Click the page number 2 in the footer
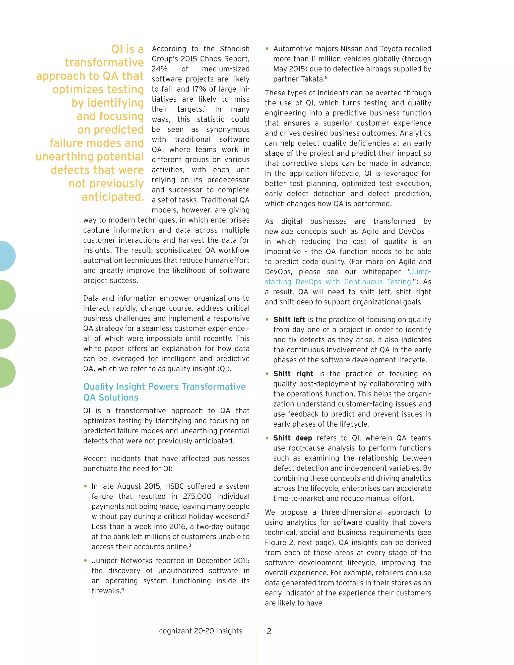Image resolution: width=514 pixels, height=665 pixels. (269, 631)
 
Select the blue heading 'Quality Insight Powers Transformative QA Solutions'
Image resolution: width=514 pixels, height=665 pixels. (164, 392)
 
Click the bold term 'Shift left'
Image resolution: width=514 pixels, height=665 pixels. (289, 319)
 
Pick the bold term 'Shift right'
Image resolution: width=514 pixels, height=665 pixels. (293, 374)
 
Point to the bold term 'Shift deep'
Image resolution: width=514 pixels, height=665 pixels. (292, 438)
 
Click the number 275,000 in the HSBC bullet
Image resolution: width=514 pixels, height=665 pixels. (197, 496)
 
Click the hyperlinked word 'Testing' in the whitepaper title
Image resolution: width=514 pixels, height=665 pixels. (399, 282)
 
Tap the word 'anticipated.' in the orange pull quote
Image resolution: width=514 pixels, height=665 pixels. (112, 197)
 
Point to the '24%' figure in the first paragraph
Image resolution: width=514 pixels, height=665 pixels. (160, 69)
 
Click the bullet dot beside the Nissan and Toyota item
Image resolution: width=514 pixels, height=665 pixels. (267, 49)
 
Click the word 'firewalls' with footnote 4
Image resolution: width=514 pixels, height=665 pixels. (106, 591)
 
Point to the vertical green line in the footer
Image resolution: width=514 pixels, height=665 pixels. (257, 645)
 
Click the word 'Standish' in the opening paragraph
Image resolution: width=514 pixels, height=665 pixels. (234, 49)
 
